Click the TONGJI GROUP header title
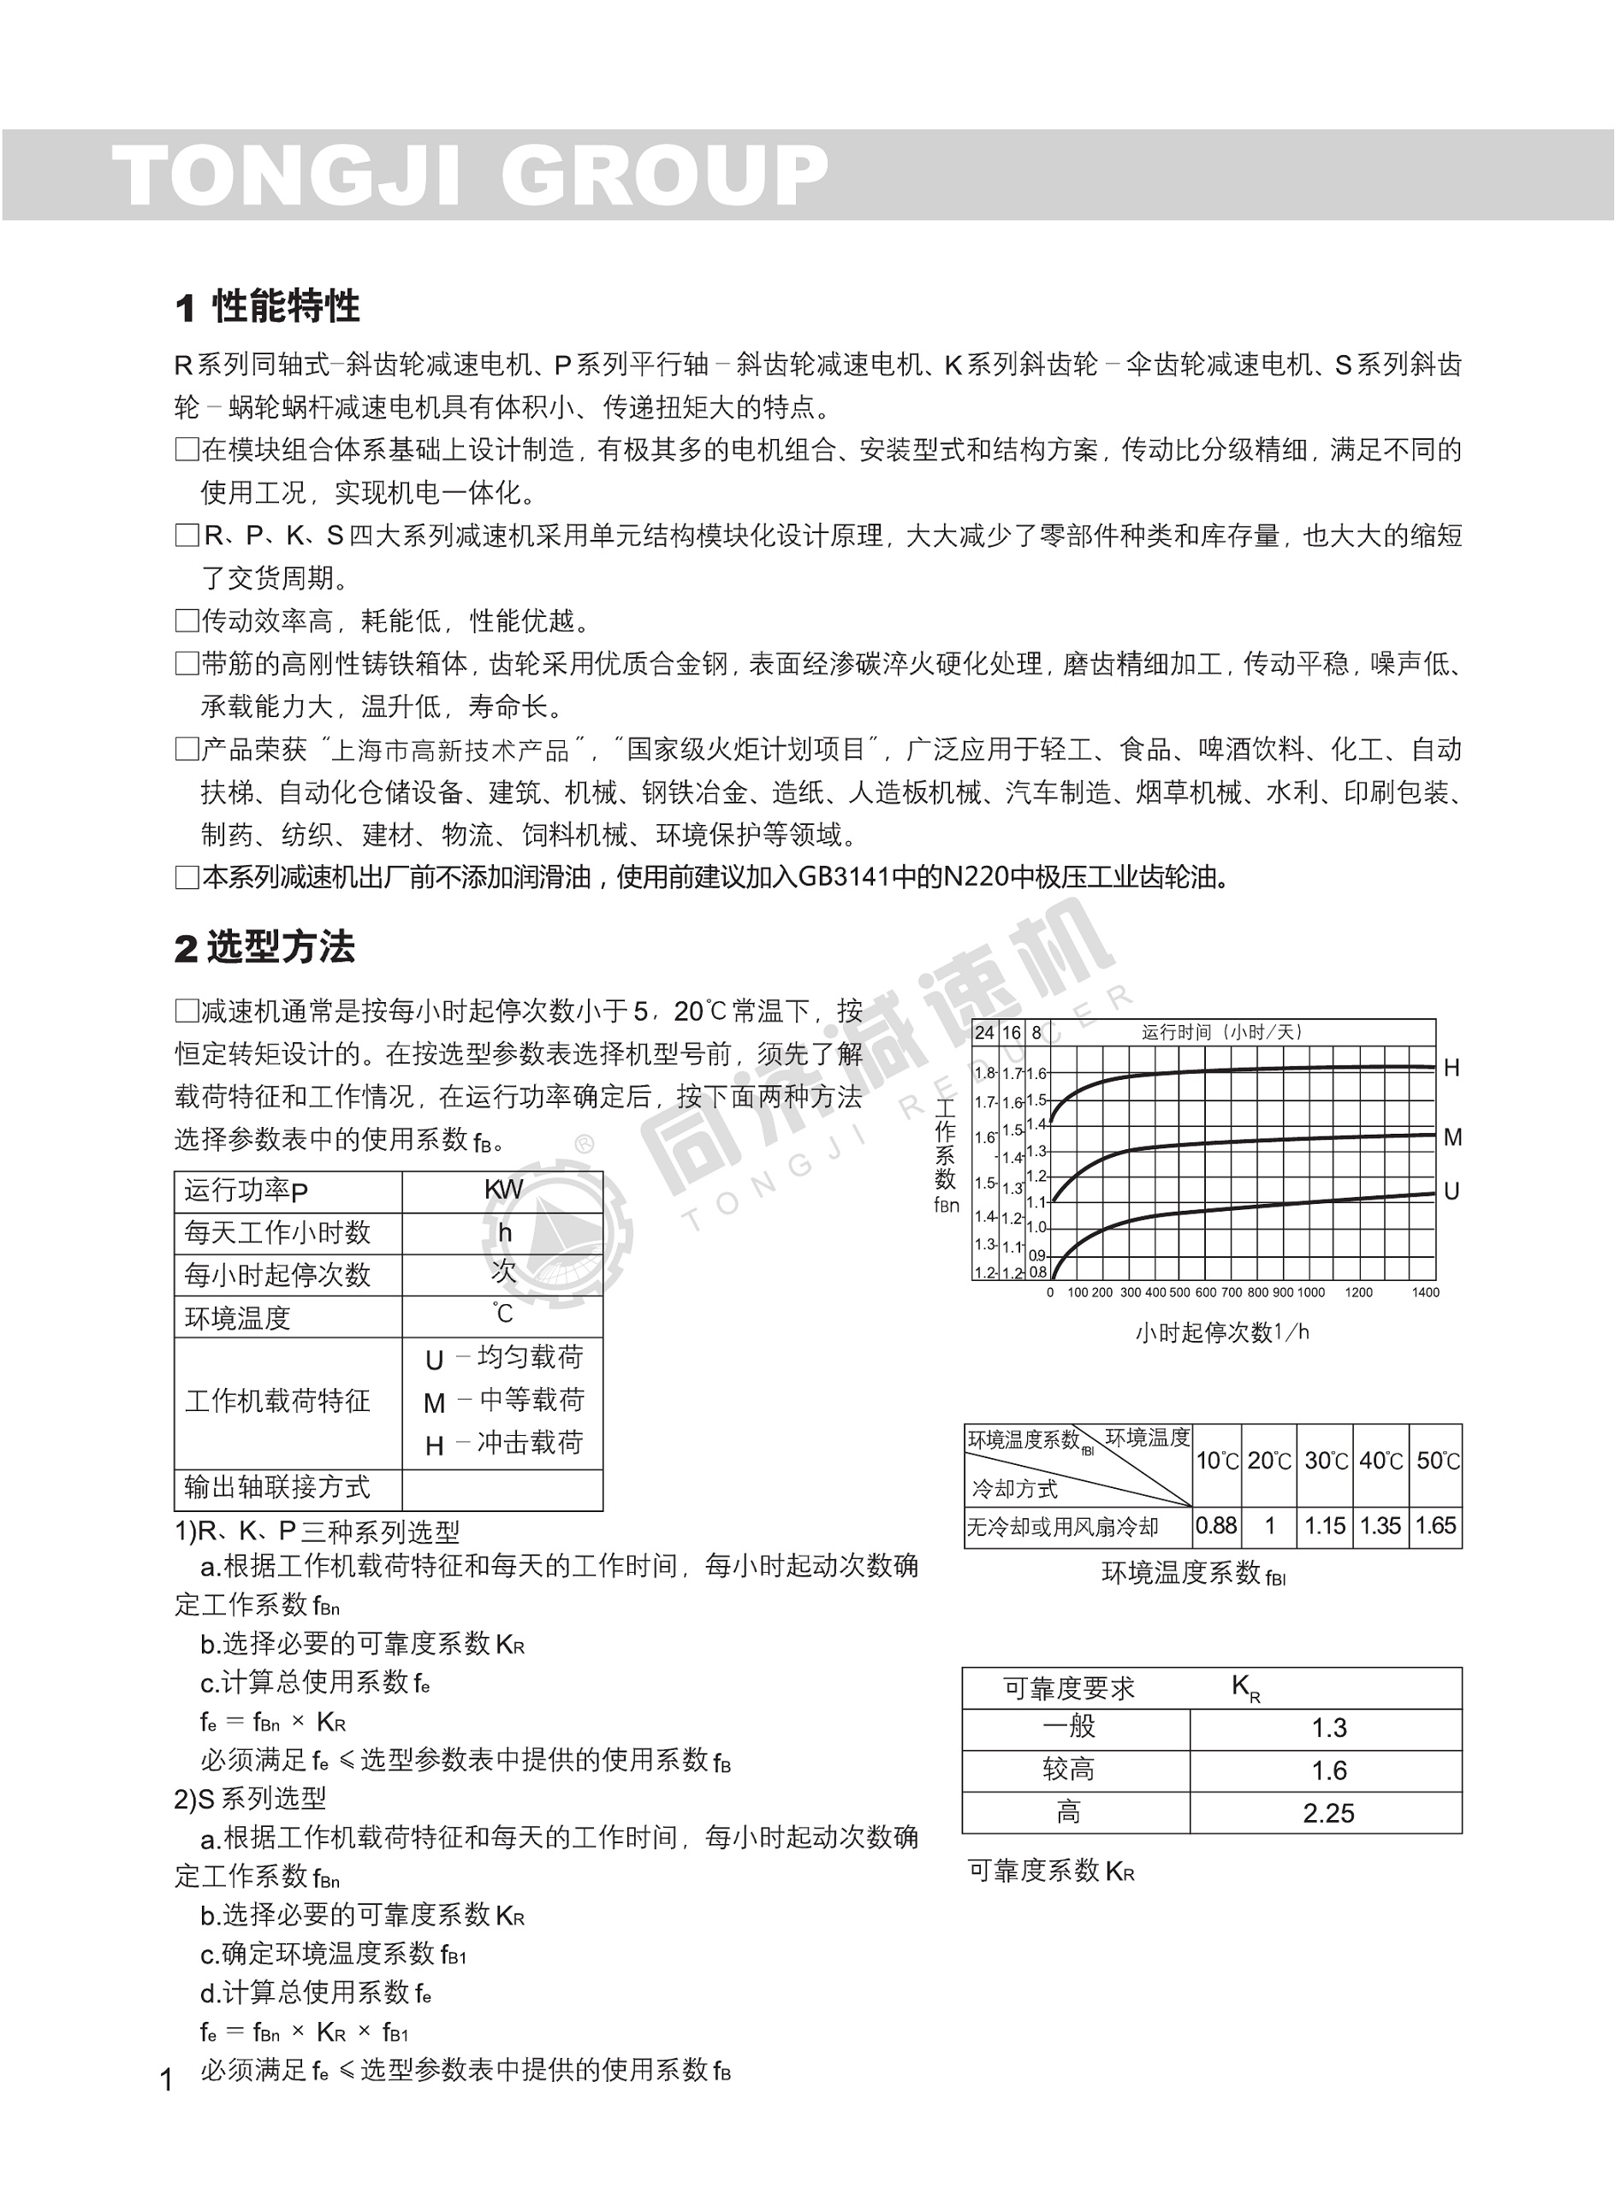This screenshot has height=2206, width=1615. pos(470,176)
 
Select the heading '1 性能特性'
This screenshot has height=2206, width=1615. pos(267,307)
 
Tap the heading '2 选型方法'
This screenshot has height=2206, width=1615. pos(264,947)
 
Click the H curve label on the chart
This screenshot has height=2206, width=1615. pos(1452,1068)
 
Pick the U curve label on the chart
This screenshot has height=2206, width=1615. pos(1452,1191)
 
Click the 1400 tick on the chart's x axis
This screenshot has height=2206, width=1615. pos(1425,1292)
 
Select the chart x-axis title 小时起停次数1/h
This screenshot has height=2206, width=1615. pos(1222,1332)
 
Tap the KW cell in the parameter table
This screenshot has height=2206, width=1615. pos(503,1189)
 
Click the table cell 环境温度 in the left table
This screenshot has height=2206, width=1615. pos(238,1319)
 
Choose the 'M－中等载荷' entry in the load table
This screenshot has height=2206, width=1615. pos(503,1402)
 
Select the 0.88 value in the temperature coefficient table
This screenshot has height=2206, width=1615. pos(1216,1526)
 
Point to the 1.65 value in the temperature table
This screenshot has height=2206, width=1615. pos(1436,1526)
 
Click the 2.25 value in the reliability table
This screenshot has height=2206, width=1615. pos(1327,1814)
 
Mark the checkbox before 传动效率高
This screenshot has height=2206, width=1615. pos(186,620)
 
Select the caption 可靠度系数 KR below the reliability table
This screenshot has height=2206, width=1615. pos(1051,1871)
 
